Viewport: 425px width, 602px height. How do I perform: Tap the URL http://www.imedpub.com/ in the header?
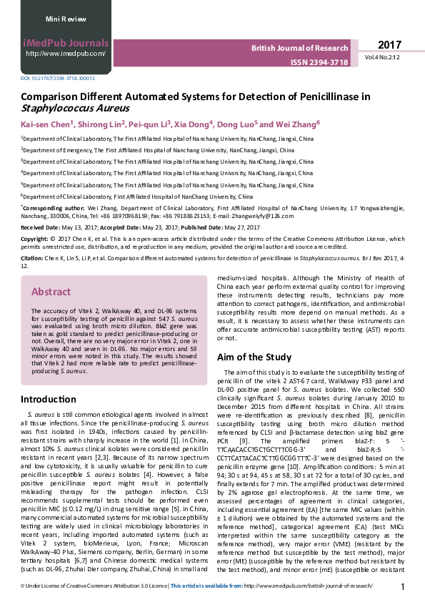(66, 54)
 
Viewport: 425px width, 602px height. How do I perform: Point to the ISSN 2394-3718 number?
(319, 63)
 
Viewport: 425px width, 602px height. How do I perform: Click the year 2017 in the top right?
(390, 44)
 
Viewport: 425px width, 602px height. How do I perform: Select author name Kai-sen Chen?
(44, 124)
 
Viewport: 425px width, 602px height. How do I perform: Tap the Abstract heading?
(51, 292)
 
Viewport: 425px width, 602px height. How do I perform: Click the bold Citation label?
(32, 257)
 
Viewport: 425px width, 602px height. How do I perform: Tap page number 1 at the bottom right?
(403, 587)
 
